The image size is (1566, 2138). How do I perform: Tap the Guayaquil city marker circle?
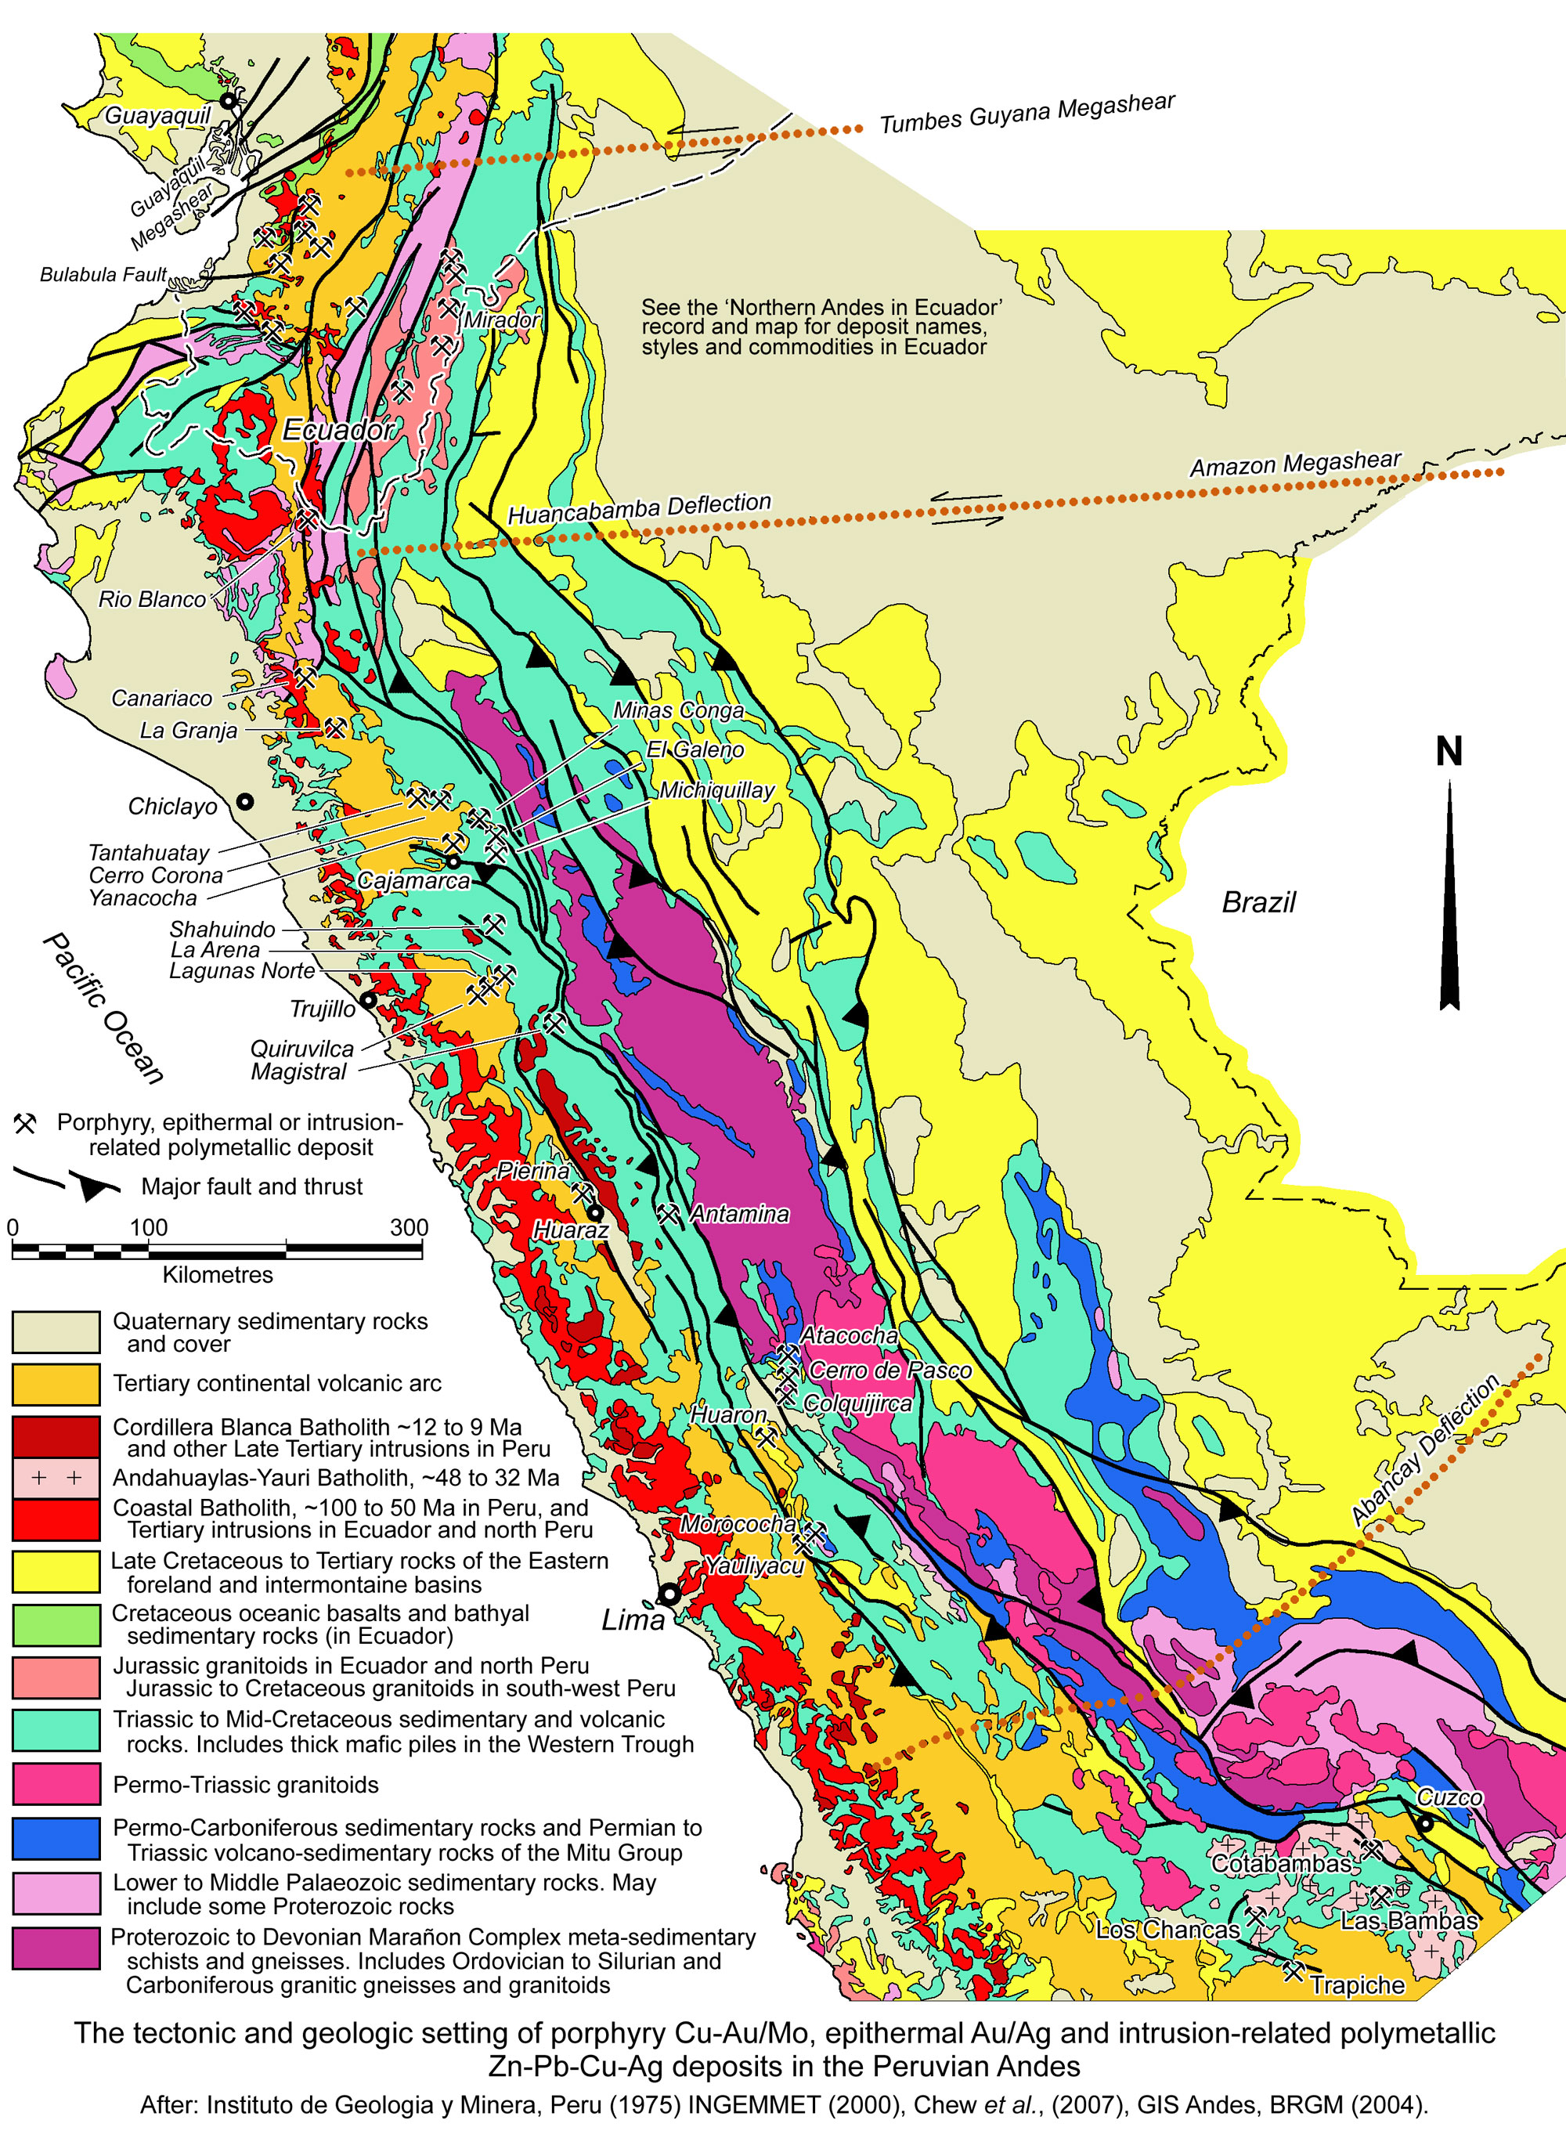pos(229,99)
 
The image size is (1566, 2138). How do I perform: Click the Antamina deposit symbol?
pos(669,1214)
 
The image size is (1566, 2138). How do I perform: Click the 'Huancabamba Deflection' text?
pos(640,508)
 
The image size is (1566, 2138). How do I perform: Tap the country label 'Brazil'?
pos(1258,901)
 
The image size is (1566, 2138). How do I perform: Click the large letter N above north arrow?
pos(1449,752)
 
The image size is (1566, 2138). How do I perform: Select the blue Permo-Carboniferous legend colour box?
pos(56,1838)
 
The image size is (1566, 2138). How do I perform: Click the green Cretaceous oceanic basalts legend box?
pos(56,1624)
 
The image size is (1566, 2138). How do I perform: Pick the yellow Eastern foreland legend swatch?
pos(56,1571)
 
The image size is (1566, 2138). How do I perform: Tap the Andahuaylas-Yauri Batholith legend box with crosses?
pos(56,1477)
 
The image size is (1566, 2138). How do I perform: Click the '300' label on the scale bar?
pos(409,1227)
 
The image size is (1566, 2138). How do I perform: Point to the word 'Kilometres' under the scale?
pos(217,1275)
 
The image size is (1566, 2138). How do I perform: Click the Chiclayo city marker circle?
pos(244,801)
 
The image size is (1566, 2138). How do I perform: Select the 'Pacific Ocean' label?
pos(103,1008)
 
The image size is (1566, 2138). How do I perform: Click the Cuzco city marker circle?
pos(1425,1823)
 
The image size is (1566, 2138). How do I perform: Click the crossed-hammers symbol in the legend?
pos(24,1124)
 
